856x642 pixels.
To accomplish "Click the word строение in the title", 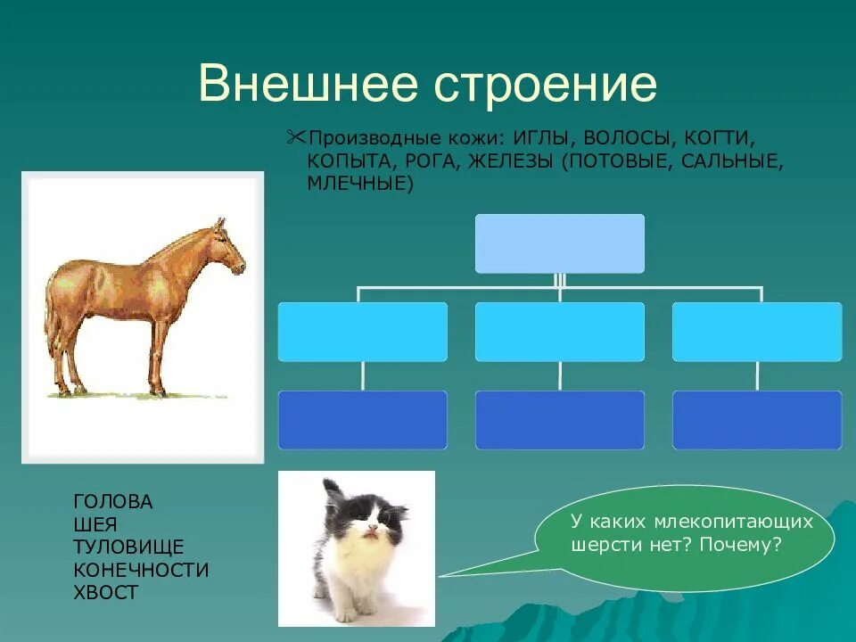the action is tap(546, 86).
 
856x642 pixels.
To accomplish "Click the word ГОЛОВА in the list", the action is tap(113, 502).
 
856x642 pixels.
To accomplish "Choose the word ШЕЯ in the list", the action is tap(95, 525).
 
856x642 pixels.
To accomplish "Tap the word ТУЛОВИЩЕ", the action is tap(128, 547).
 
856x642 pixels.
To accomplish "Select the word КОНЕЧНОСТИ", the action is tap(141, 570).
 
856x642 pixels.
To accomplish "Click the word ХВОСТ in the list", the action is tap(105, 593).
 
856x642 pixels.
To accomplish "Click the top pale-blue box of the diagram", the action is tap(560, 243).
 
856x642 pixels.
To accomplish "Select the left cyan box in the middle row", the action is tap(363, 332).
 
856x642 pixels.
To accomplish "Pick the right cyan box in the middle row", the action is tap(757, 332).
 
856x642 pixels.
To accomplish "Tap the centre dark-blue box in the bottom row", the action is tap(560, 420).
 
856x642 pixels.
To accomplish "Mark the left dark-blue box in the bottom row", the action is tap(363, 420).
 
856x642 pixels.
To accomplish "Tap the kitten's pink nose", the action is tap(372, 529).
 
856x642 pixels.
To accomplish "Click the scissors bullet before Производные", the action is tap(295, 137).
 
